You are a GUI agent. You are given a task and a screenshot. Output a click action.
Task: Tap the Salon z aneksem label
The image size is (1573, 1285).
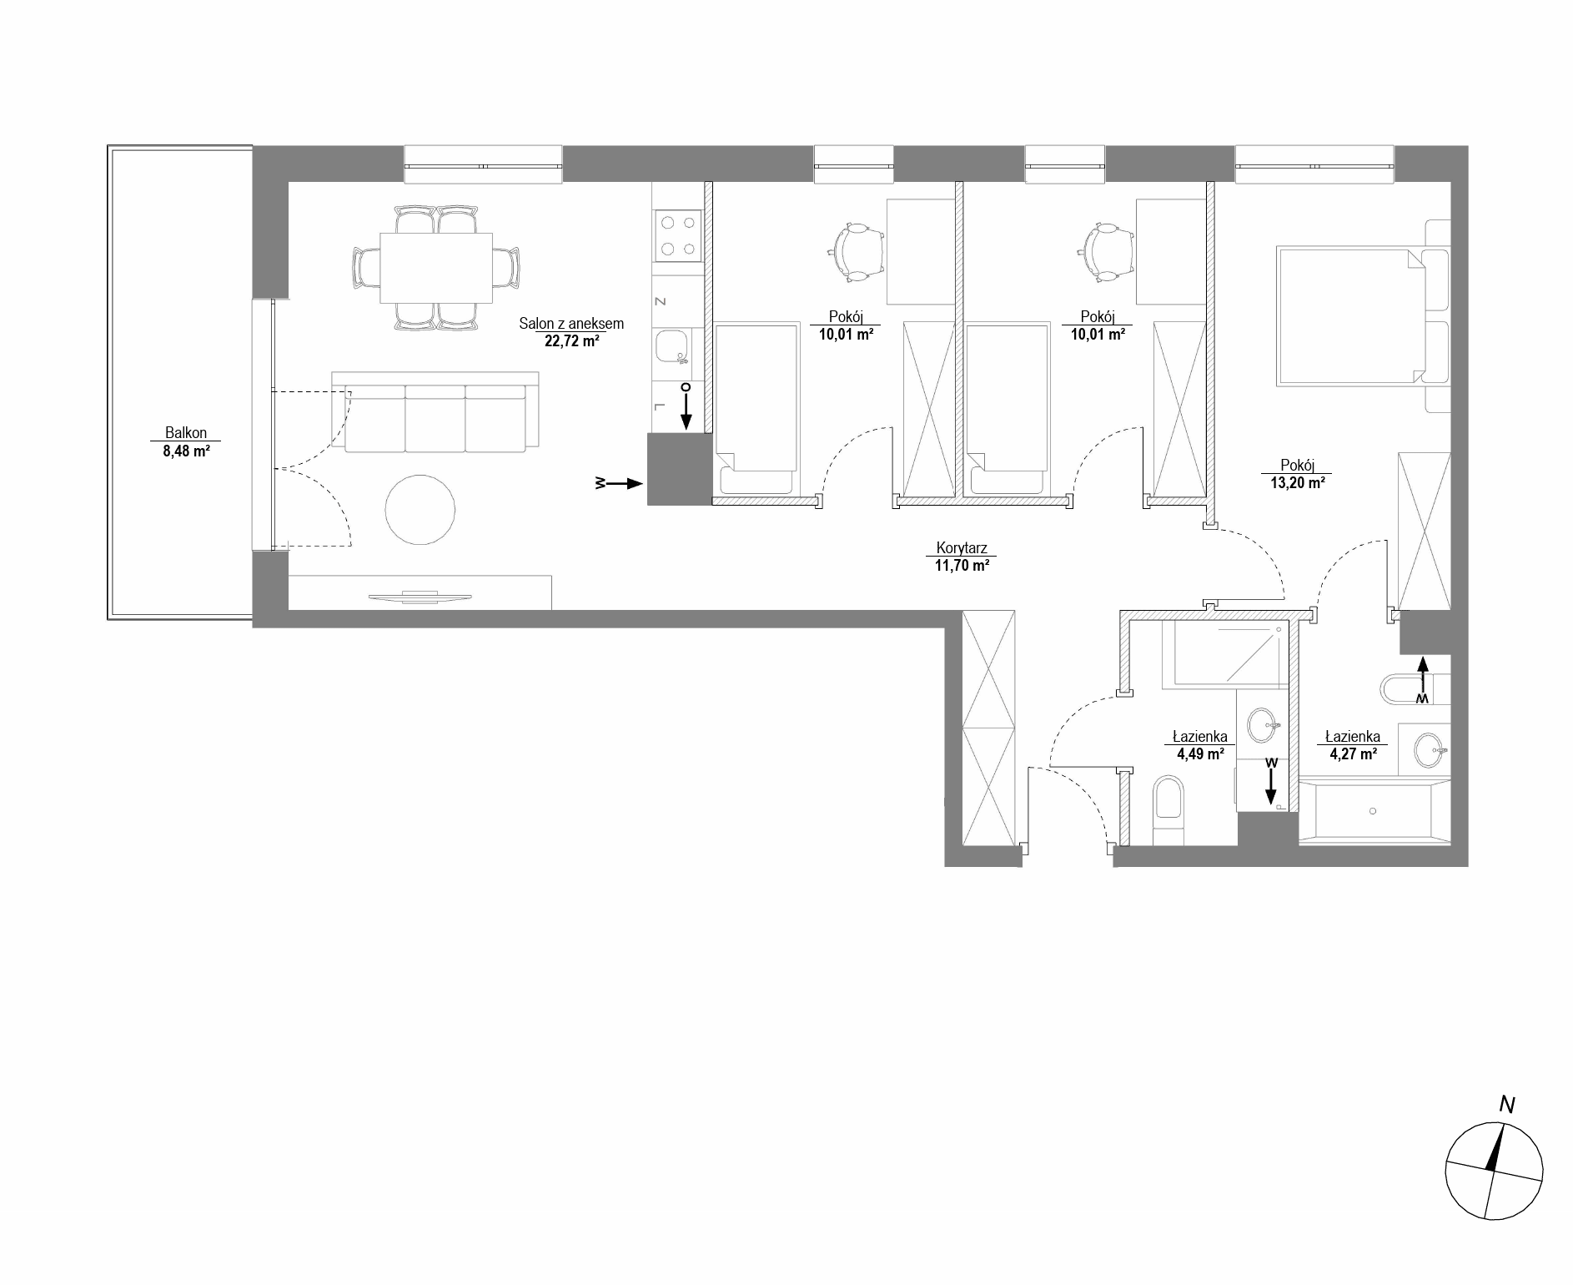pyautogui.click(x=571, y=324)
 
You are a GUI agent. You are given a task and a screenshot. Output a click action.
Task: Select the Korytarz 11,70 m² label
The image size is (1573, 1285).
pyautogui.click(x=962, y=557)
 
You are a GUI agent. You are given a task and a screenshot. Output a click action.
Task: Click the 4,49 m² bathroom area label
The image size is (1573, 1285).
pyautogui.click(x=1200, y=753)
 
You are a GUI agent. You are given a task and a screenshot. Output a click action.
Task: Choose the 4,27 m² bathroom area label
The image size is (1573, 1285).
pyautogui.click(x=1352, y=753)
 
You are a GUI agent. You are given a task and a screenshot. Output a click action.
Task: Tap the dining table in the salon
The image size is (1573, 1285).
pyautogui.click(x=436, y=268)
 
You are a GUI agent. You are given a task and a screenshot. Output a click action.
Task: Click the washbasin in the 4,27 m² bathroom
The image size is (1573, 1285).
pyautogui.click(x=1431, y=749)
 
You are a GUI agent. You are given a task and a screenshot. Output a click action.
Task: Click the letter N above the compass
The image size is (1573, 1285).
pyautogui.click(x=1507, y=1106)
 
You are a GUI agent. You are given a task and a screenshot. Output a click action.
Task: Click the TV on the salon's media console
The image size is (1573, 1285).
pyautogui.click(x=420, y=596)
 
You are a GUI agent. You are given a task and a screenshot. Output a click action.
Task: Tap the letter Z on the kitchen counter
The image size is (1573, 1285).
pyautogui.click(x=660, y=300)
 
